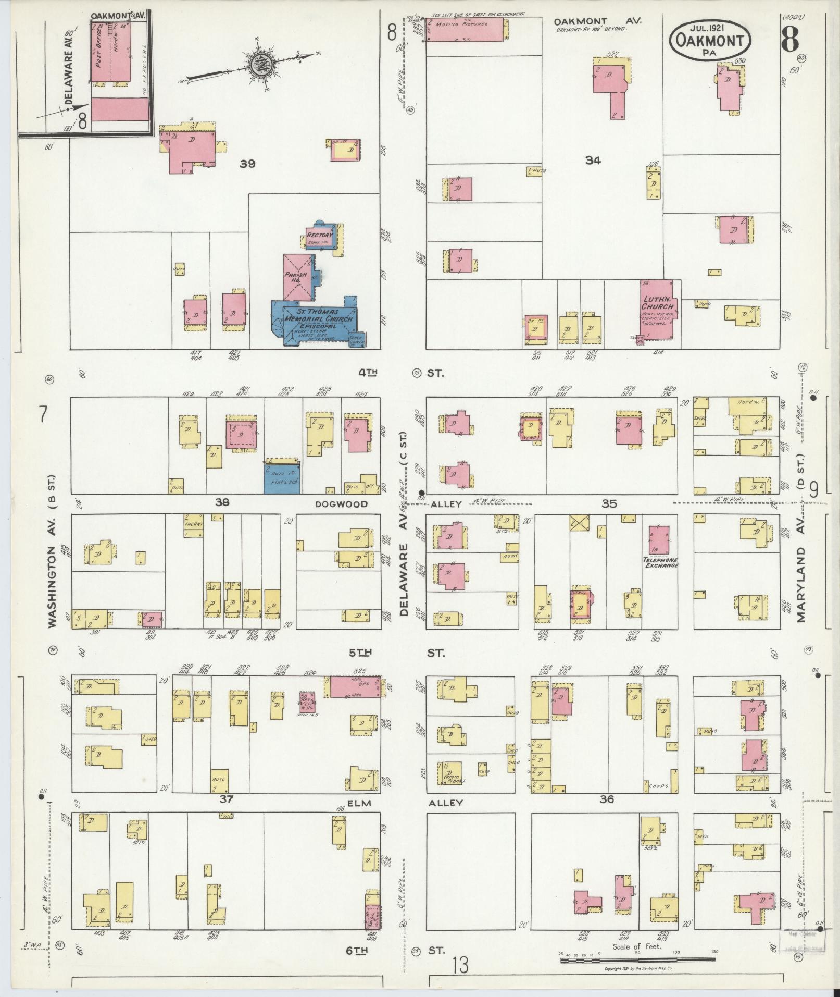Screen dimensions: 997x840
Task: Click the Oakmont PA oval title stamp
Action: [x=710, y=40]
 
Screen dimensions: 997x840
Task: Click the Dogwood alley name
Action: [x=341, y=504]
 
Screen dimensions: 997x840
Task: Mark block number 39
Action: [x=247, y=164]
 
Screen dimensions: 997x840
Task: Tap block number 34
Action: [x=592, y=161]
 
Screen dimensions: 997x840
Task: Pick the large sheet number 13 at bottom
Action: [x=460, y=966]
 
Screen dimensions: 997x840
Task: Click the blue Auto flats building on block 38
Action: [x=282, y=477]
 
